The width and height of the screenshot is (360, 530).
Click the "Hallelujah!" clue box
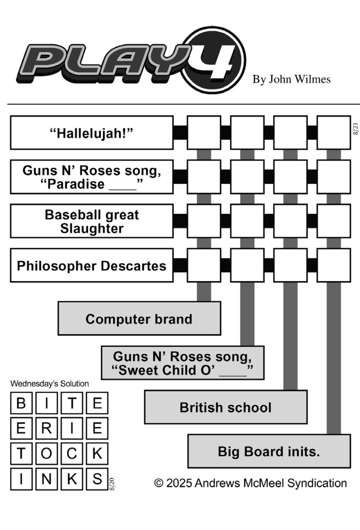pos(92,133)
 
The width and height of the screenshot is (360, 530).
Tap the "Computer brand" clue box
pos(139,318)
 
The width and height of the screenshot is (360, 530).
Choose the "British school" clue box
pos(225,407)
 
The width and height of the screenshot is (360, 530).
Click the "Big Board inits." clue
pos(269,451)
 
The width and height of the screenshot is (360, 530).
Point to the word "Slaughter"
pos(92,228)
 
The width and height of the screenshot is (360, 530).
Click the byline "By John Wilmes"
pos(291,80)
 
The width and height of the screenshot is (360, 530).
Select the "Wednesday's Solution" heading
pos(50,384)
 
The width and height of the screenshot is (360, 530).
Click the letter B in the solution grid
pos(21,403)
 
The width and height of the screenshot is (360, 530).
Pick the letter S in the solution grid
pos(97,479)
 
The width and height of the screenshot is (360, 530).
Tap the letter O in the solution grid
pos(46,454)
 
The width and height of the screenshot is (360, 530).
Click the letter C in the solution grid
pos(72,454)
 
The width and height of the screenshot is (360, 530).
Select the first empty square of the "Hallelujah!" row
pos(204,132)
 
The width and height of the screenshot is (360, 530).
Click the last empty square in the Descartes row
pos(334,265)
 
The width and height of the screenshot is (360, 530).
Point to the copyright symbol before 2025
pos(159,483)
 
